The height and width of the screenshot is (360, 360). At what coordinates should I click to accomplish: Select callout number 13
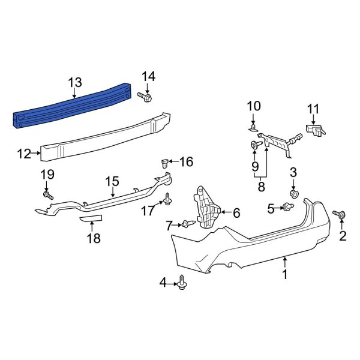point(74,82)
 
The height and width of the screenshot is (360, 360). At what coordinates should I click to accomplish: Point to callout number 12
point(23,154)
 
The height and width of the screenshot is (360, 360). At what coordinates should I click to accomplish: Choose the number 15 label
point(113,181)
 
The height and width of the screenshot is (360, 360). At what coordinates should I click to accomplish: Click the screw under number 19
point(47,195)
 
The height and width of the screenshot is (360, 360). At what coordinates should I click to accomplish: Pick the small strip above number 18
point(91,218)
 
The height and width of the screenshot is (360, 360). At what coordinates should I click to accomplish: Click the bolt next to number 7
point(187,224)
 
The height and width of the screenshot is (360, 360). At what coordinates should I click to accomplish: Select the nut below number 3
point(294,195)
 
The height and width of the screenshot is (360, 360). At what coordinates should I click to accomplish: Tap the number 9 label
point(254,165)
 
